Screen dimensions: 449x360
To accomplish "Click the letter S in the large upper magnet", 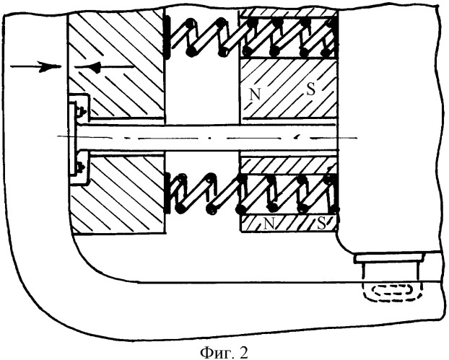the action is (310, 89).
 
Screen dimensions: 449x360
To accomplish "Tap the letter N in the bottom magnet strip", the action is (269, 224).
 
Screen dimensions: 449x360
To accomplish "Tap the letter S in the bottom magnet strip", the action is (321, 224).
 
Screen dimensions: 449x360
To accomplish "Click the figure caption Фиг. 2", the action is (224, 353).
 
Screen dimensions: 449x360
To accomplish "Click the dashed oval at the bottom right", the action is (393, 291).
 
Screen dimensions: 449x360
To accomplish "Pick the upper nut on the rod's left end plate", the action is (80, 111).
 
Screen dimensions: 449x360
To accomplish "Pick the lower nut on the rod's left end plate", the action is (80, 166).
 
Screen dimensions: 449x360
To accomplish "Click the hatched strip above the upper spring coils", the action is (288, 12).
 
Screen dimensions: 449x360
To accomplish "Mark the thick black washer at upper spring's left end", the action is (167, 37).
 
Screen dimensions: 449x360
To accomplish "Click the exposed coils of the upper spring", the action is (204, 37).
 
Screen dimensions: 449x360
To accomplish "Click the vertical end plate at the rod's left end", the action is (72, 139).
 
